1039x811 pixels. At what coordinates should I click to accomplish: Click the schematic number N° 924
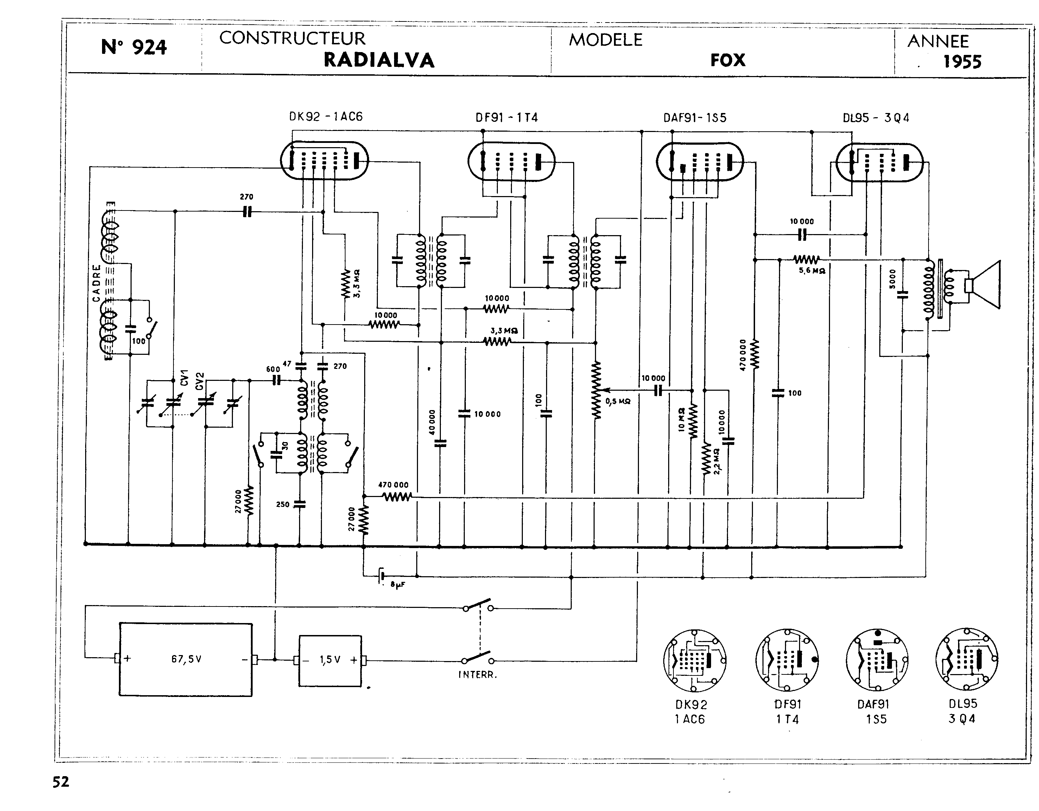click(x=134, y=48)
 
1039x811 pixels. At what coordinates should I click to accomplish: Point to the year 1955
click(x=962, y=62)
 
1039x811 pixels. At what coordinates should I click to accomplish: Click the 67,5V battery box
click(x=185, y=659)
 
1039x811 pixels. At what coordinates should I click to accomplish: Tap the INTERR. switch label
click(x=477, y=674)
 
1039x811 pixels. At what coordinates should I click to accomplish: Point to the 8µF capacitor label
click(x=398, y=584)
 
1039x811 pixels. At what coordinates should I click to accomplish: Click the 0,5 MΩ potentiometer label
click(x=617, y=402)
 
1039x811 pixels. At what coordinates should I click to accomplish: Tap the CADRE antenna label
click(x=96, y=283)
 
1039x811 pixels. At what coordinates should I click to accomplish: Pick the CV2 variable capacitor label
click(x=200, y=381)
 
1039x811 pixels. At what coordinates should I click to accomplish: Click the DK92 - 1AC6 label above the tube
click(x=326, y=117)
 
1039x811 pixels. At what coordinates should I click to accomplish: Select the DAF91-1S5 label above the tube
click(x=695, y=118)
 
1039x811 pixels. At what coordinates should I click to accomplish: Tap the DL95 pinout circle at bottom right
click(x=966, y=660)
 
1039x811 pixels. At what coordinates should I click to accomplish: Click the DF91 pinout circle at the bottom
click(x=787, y=660)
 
